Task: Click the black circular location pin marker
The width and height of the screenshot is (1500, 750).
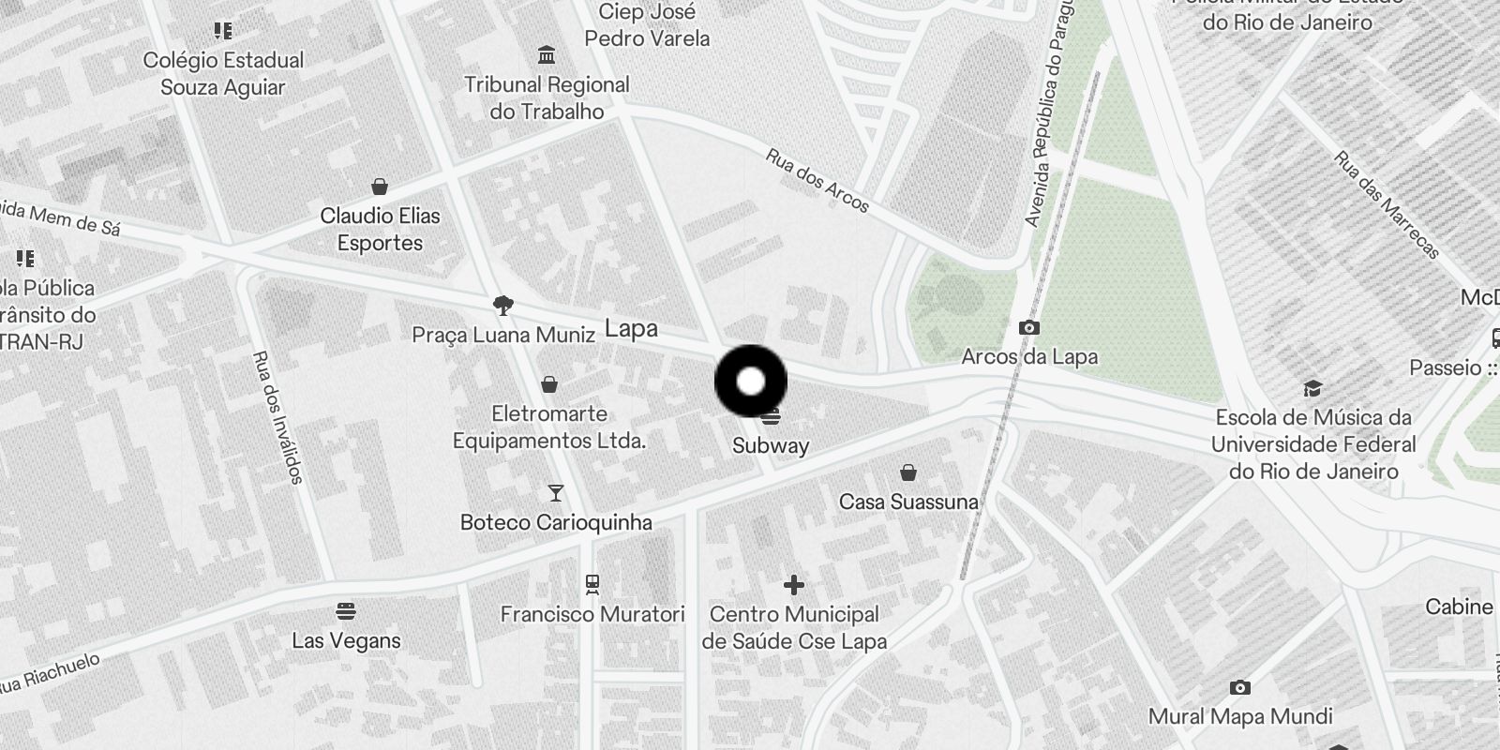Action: click(751, 382)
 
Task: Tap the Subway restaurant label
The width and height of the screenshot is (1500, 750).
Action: click(771, 445)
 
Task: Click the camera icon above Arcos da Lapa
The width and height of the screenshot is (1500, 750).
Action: click(1029, 327)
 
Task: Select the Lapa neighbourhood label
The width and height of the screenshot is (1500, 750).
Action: click(631, 329)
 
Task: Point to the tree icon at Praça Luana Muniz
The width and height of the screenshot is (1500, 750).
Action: click(503, 305)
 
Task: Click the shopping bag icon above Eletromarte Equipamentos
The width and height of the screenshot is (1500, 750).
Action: click(549, 384)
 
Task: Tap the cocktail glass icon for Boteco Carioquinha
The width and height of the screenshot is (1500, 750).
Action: click(556, 492)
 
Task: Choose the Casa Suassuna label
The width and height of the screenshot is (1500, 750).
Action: click(908, 502)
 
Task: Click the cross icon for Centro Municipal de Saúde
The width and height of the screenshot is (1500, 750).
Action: click(794, 585)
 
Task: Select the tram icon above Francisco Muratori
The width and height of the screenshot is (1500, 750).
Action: click(592, 585)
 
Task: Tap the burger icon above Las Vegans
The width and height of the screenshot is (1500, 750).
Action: click(346, 612)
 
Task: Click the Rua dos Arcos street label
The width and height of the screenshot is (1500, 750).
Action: click(817, 180)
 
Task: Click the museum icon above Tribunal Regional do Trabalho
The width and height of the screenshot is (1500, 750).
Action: click(547, 55)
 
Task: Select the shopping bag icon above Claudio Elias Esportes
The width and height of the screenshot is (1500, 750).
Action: click(380, 186)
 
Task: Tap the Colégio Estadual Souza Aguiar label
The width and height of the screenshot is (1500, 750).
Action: click(223, 73)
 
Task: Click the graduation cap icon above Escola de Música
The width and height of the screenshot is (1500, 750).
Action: click(1312, 389)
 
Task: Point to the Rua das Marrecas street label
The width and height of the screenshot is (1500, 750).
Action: click(1387, 205)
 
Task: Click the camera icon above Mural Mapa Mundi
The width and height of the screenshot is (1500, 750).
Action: click(1240, 688)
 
